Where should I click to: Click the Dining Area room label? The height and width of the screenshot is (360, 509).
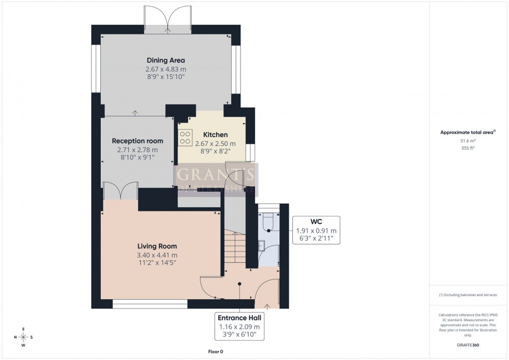pyautogui.click(x=166, y=60)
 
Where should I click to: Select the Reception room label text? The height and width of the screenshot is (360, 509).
pyautogui.click(x=138, y=141)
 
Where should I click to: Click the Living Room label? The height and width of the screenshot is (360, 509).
pyautogui.click(x=157, y=246)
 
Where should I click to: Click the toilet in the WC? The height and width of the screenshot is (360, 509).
pyautogui.click(x=269, y=221)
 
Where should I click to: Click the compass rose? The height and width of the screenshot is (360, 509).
pyautogui.click(x=23, y=337)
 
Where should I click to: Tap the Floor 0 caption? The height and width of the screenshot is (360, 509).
pyautogui.click(x=212, y=352)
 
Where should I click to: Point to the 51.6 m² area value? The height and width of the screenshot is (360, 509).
pyautogui.click(x=468, y=140)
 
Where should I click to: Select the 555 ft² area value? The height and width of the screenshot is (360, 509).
pyautogui.click(x=468, y=148)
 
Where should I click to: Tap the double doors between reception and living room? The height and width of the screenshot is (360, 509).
pyautogui.click(x=120, y=191)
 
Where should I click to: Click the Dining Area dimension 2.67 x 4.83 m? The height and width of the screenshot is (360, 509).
pyautogui.click(x=166, y=69)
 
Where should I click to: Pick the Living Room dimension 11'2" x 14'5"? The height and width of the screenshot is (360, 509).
pyautogui.click(x=157, y=263)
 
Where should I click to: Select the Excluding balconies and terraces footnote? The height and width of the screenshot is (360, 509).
pyautogui.click(x=468, y=295)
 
